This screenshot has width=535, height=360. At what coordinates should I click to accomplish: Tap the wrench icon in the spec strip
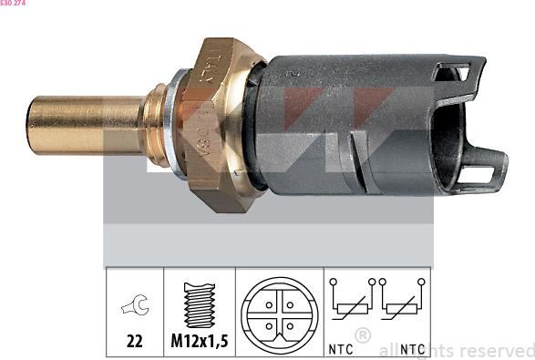pyautogui.click(x=135, y=308)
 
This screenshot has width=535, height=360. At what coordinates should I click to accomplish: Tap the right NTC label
pyautogui.click(x=412, y=348)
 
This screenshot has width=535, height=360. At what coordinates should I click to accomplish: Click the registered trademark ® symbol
pyautogui.click(x=362, y=335)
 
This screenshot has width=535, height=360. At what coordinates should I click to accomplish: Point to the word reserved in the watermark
pyautogui.click(x=498, y=350)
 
